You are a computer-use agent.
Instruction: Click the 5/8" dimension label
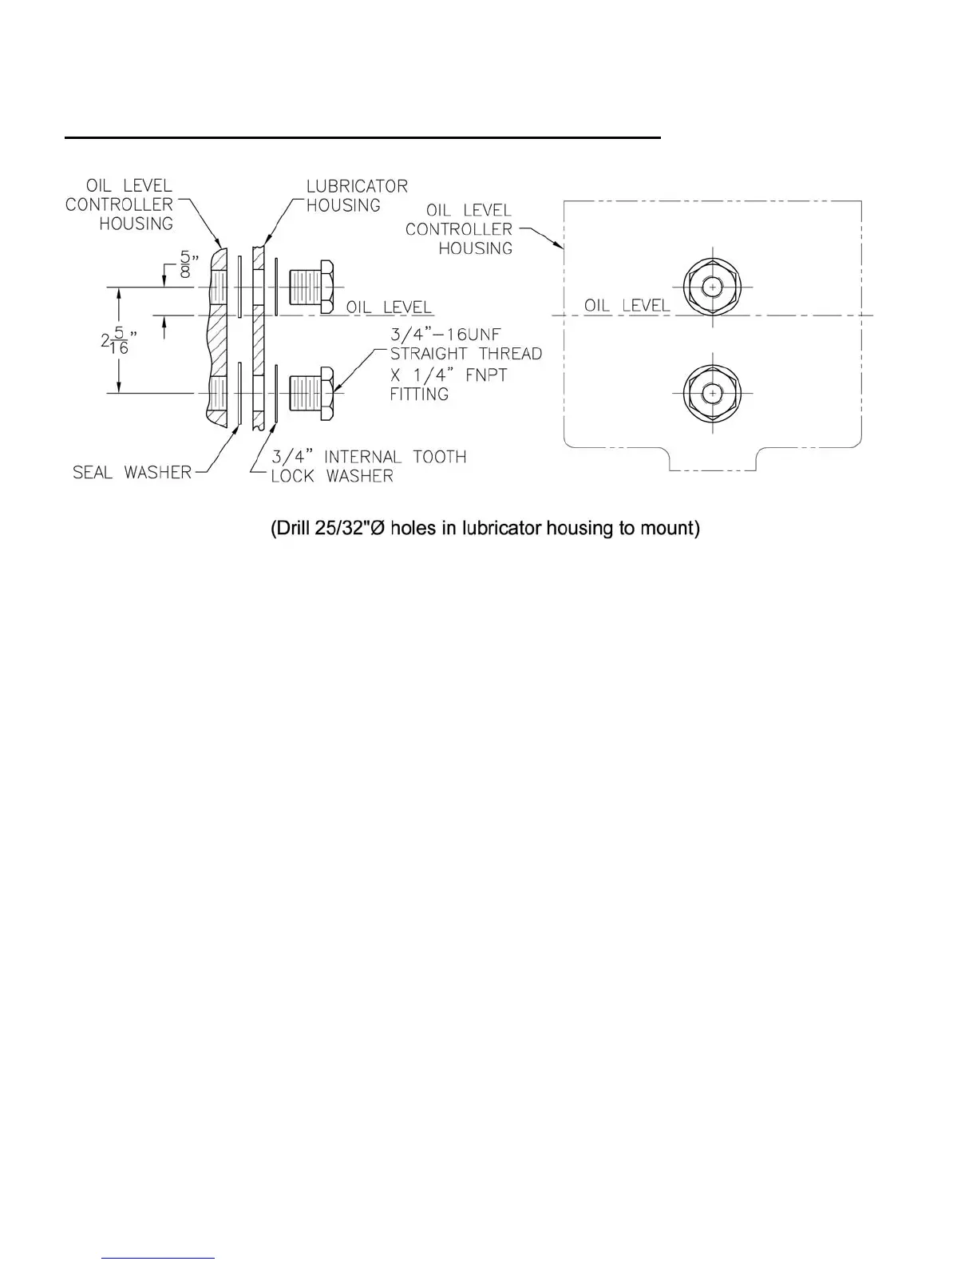pyautogui.click(x=188, y=264)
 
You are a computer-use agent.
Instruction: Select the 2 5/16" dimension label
pyautogui.click(x=117, y=342)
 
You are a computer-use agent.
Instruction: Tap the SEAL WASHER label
pyautogui.click(x=133, y=472)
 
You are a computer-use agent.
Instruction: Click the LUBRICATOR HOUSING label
pyautogui.click(x=357, y=196)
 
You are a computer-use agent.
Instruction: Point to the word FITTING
pyautogui.click(x=419, y=394)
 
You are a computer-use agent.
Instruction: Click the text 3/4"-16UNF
pyautogui.click(x=445, y=334)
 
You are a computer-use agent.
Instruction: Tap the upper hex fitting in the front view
pyautogui.click(x=713, y=286)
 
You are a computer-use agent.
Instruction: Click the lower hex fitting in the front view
pyautogui.click(x=713, y=393)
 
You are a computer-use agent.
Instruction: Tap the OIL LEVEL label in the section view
pyautogui.click(x=389, y=307)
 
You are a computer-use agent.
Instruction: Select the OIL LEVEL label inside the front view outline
pyautogui.click(x=627, y=305)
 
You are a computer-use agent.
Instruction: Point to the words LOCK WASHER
pyautogui.click(x=332, y=476)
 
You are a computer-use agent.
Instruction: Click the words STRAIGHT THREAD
pyautogui.click(x=465, y=354)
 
